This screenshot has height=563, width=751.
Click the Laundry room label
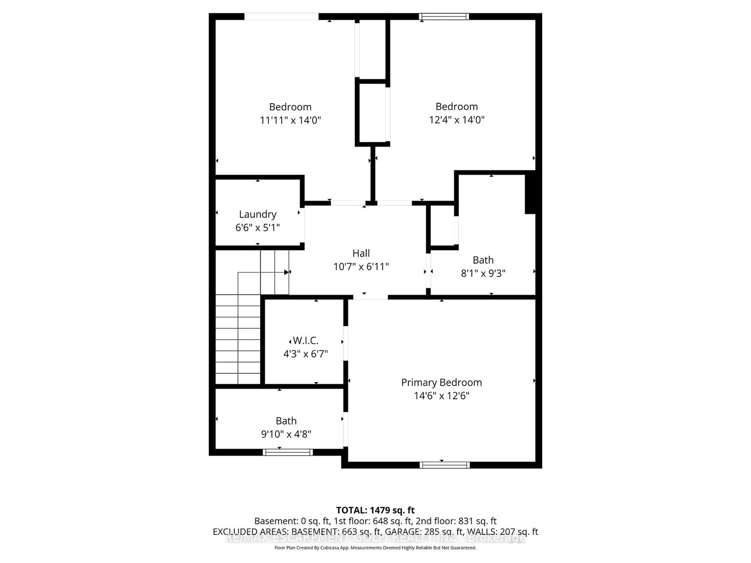258,214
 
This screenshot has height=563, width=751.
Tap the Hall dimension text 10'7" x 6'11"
361,267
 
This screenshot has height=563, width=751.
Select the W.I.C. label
306,341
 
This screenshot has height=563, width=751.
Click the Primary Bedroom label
441,382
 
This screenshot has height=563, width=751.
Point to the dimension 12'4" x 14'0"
456,120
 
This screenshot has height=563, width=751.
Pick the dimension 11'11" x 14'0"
290,120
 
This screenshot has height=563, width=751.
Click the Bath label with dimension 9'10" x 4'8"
286,421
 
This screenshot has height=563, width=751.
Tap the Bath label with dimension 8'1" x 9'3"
483,260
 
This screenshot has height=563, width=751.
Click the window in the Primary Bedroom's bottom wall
444,465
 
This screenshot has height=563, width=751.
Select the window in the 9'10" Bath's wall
287,452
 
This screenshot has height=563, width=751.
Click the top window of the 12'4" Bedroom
444,17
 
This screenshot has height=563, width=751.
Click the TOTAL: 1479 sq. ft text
375,510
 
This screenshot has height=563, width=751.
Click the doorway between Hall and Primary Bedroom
370,297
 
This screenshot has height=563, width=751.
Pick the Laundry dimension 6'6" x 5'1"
258,228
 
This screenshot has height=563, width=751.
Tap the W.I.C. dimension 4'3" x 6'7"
305,354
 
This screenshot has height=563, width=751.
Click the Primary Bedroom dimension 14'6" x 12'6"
441,396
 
